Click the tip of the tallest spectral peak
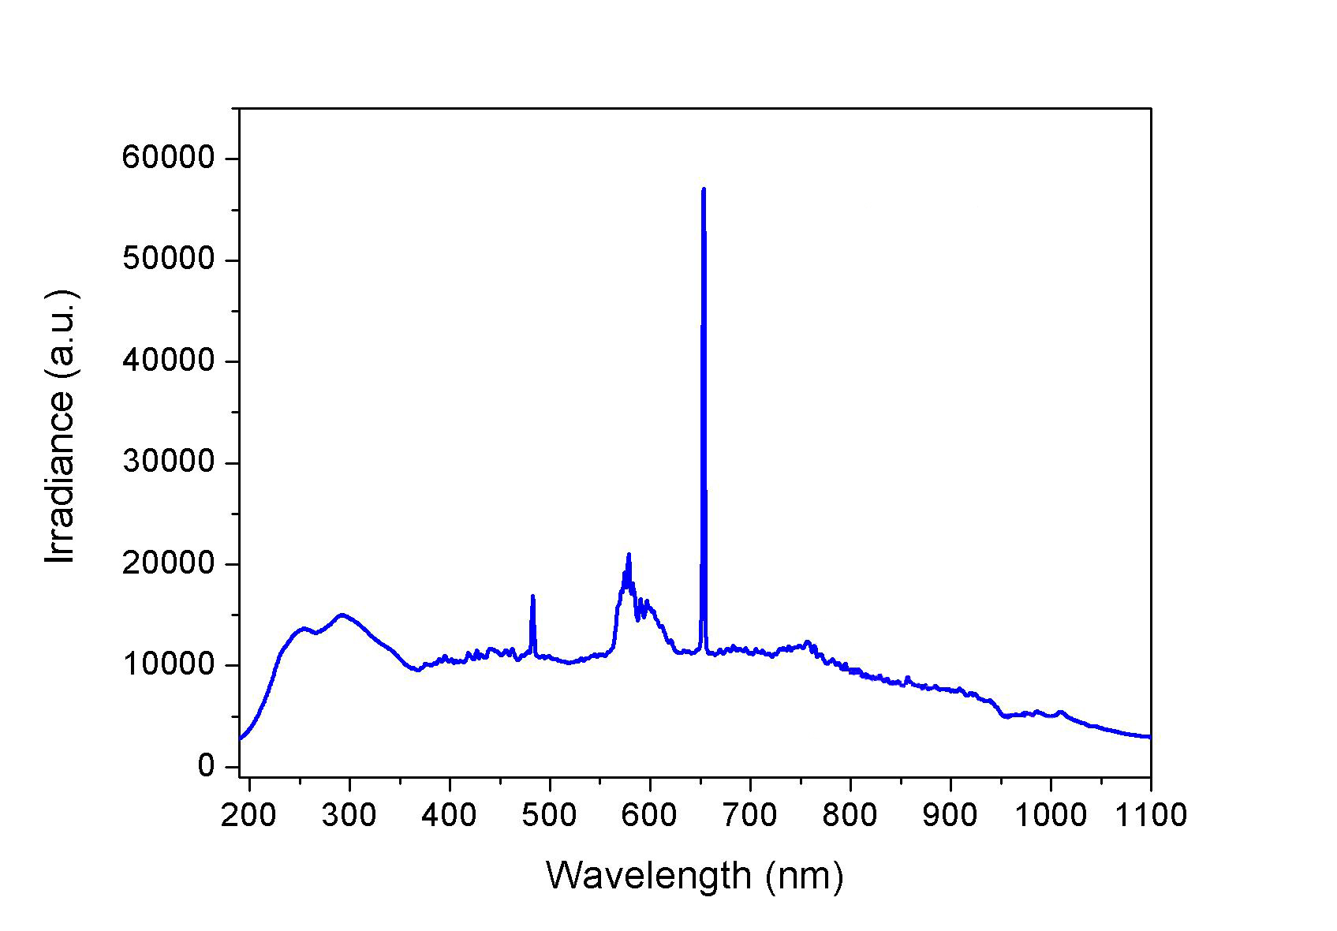pos(703,189)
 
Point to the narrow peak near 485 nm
pos(533,596)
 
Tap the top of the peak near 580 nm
pos(629,555)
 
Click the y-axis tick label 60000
pos(168,158)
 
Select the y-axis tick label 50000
pos(168,260)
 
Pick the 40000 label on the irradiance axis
pos(168,361)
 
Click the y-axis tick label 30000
pos(168,462)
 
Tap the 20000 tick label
pos(168,563)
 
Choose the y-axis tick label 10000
pos(168,665)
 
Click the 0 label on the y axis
pos(207,766)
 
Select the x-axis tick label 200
pos(249,814)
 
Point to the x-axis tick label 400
pos(450,814)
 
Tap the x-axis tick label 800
pos(850,814)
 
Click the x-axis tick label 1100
pos(1149,814)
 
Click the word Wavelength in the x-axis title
pos(648,876)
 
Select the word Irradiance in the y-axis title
pos(61,480)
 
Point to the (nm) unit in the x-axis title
pos(804,876)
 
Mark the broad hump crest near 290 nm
pos(341,615)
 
